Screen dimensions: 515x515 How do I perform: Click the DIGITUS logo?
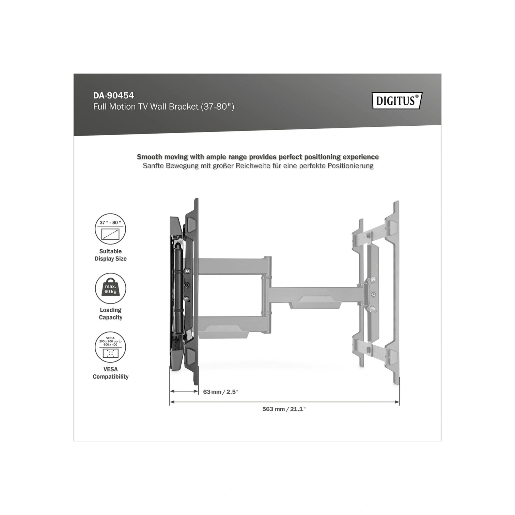tap(397, 100)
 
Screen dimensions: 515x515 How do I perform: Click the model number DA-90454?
tap(113, 95)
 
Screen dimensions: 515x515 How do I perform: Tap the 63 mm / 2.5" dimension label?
tap(221, 392)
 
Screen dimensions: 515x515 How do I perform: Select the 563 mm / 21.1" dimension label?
tap(284, 409)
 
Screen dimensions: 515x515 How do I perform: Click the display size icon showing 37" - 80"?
tap(110, 229)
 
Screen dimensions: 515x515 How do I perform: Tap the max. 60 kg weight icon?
tap(110, 288)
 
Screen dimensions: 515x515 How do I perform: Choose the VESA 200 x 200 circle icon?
tap(110, 347)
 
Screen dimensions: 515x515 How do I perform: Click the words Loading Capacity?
tap(111, 314)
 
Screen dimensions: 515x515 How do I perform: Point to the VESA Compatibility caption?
tap(111, 373)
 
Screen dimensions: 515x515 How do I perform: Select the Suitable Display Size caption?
tap(111, 255)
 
